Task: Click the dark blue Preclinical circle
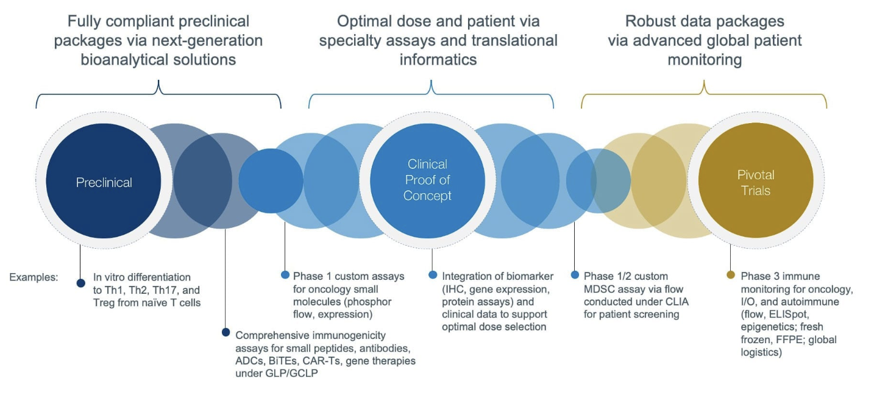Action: pos(104,182)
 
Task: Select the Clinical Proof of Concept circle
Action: pos(427,180)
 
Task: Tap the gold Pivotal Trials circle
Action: pos(756,182)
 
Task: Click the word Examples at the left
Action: pos(34,277)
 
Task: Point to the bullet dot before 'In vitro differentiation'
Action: pos(80,282)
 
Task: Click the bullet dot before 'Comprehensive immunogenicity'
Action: pos(226,333)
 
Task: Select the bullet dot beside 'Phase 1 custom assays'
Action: pos(285,275)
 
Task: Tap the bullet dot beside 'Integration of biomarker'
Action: pos(433,275)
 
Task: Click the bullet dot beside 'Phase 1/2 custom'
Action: pos(575,275)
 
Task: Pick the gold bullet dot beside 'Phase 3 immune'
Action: pos(731,275)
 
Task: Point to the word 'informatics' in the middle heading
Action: pos(438,59)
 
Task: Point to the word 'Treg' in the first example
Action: pos(107,302)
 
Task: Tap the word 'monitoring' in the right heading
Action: pos(705,59)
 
